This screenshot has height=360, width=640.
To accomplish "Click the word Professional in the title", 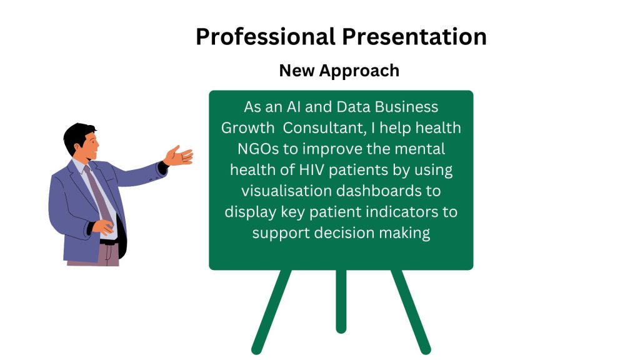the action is point(266,37).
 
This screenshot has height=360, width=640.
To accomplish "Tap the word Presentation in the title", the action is point(414,37).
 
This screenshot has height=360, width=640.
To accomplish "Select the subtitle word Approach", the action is point(359,71).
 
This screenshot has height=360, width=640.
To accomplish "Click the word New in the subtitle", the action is point(297,70).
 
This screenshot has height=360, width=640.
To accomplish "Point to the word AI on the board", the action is point(294,107).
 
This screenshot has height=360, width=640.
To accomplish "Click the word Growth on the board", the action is point(247,128).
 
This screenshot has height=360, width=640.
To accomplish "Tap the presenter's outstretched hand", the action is point(179,156).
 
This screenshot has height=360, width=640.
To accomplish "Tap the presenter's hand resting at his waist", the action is point(103,227).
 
